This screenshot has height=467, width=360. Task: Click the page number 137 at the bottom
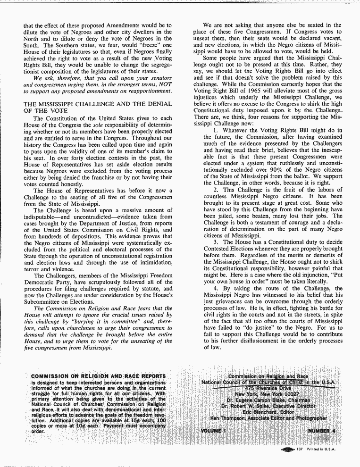pyautogui.click(x=299, y=449)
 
